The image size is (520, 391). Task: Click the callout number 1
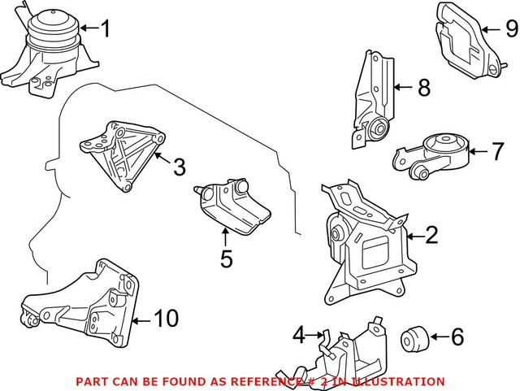pos(104,30)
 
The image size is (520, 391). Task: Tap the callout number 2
pos(431,236)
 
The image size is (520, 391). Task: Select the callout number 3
pos(179,167)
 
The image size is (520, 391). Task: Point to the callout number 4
pos(298,334)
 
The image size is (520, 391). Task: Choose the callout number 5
pos(226,259)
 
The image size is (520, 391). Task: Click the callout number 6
pos(456,335)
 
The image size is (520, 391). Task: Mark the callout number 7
pos(498,150)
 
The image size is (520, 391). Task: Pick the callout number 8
pos(422,88)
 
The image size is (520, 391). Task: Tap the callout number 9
pos(510,29)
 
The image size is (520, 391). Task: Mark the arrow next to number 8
pos(404,87)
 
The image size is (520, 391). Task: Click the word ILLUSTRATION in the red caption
pos(401,381)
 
